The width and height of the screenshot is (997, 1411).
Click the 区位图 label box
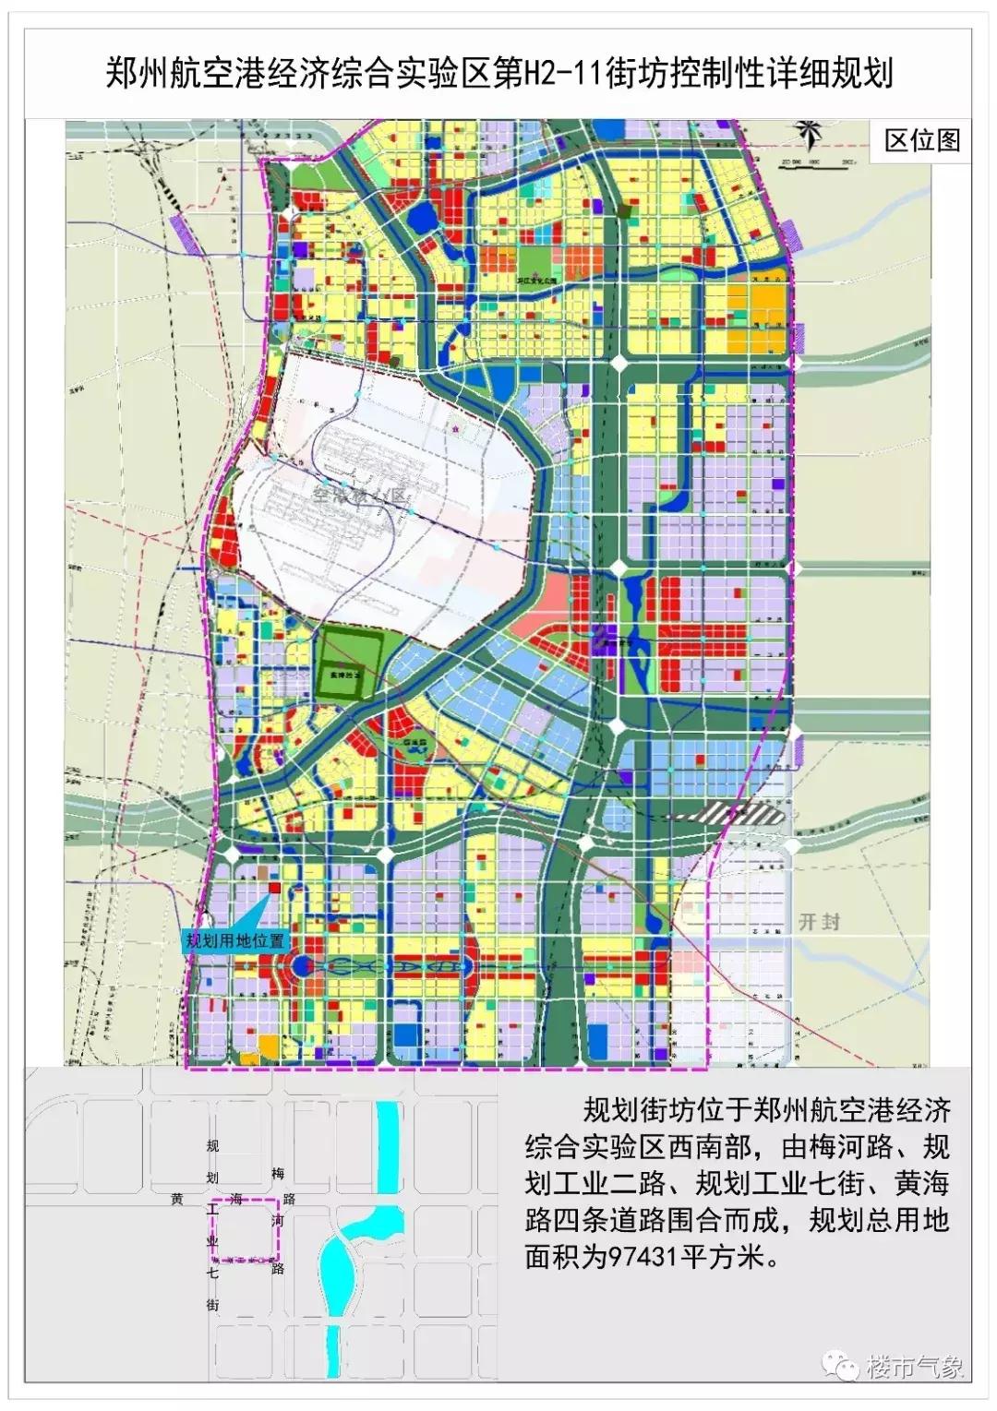coord(922,140)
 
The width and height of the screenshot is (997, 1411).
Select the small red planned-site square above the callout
coord(274,887)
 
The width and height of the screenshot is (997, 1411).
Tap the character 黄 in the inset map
coord(176,1200)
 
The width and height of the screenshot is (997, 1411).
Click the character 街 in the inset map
coord(213,1305)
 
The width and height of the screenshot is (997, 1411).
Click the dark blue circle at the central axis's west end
coord(302,966)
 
